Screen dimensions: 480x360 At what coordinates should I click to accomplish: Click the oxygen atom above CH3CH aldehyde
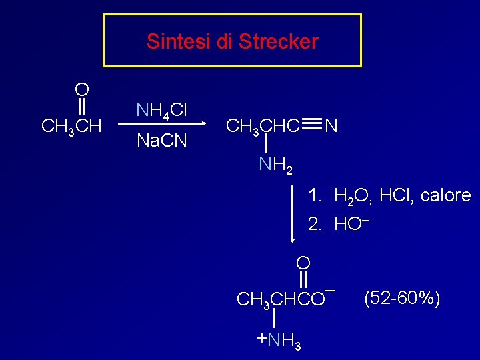(82, 89)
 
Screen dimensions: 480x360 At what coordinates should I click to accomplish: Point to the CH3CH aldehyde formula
(71, 125)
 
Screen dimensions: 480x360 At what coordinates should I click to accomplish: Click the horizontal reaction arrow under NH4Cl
(160, 125)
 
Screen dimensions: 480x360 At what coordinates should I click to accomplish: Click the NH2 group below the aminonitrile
(275, 163)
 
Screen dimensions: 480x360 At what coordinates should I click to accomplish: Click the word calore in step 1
(445, 196)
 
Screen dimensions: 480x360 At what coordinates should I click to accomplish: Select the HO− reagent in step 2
(351, 223)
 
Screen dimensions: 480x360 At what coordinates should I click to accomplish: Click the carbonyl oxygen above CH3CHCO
(303, 262)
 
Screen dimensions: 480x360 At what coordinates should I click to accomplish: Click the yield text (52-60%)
(401, 298)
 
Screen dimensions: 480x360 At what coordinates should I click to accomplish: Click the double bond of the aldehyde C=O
(82, 107)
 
